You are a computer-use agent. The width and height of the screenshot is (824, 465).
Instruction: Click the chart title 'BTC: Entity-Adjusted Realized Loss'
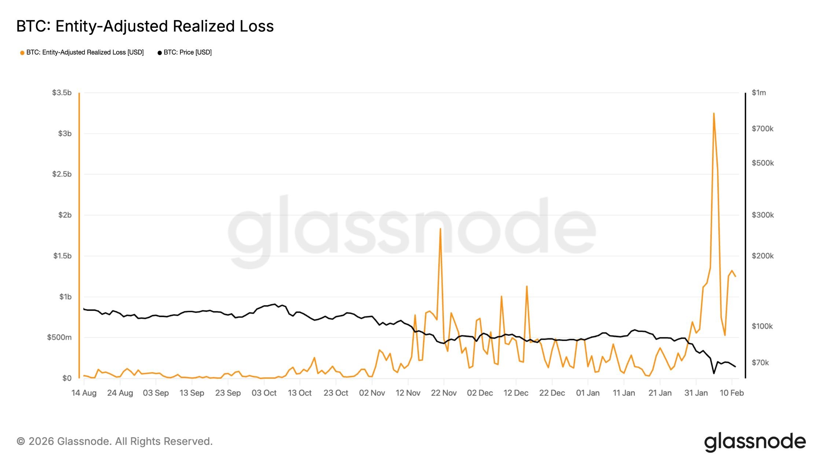click(145, 26)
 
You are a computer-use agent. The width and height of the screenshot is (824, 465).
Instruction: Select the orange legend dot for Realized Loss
click(22, 53)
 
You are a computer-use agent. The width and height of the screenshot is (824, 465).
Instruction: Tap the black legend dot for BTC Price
click(159, 53)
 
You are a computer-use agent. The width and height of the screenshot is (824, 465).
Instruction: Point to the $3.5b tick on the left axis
click(62, 93)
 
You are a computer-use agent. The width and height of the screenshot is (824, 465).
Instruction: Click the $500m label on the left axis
click(59, 337)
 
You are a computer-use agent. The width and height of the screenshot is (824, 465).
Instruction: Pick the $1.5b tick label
click(62, 256)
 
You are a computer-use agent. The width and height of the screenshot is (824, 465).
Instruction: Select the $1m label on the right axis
click(758, 93)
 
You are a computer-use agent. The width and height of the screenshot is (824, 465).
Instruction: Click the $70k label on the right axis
click(760, 362)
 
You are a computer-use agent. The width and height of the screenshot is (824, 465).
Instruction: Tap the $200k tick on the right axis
click(762, 256)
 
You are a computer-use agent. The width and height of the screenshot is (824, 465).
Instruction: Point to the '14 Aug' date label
click(84, 393)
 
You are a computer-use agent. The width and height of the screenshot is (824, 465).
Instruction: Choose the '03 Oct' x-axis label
click(264, 393)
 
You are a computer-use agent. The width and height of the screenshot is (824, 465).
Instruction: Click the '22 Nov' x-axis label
click(444, 393)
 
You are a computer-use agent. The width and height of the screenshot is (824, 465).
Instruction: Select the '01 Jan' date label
click(588, 393)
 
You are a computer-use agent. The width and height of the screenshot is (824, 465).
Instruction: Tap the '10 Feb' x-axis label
click(732, 393)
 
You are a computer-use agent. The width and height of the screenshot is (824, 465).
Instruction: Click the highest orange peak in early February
click(714, 114)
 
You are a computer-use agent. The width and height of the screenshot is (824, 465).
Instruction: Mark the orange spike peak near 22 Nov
click(440, 229)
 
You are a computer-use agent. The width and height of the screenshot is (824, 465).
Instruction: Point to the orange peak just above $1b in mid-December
click(527, 286)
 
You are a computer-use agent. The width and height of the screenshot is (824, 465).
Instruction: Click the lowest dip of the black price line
click(714, 373)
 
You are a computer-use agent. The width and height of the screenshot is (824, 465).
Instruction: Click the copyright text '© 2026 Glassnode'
click(114, 441)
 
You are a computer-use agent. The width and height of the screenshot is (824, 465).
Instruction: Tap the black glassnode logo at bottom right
click(755, 442)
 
